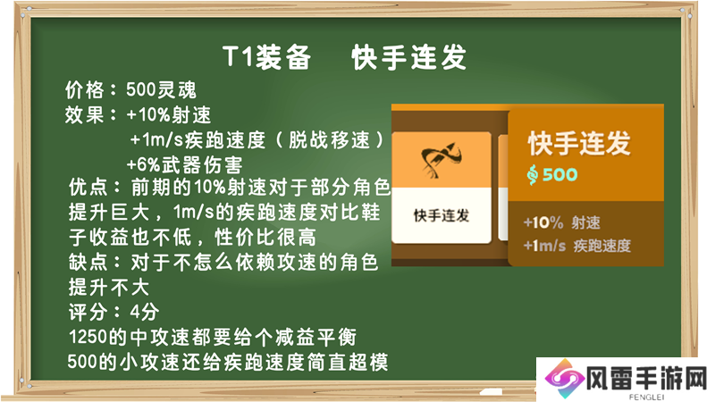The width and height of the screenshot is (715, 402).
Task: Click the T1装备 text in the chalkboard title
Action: pos(267,57)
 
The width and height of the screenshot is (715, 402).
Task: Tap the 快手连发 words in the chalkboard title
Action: pos(409,57)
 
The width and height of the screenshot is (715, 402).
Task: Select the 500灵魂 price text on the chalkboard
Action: pos(161,90)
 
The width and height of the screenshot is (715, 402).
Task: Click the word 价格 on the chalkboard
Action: pos(84,90)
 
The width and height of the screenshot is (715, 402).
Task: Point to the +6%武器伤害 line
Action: pos(184,164)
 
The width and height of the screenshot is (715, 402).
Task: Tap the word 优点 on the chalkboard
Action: pos(88,187)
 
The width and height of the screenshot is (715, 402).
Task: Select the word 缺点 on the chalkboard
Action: pos(88,262)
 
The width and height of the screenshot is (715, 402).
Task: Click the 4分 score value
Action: pos(145,312)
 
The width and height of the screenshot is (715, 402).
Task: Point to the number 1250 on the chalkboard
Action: pos(88,338)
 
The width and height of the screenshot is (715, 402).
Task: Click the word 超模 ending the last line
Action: pos(368,363)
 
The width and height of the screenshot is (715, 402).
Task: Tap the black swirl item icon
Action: pos(441,160)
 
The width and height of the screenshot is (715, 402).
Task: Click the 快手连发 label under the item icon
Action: pos(442,215)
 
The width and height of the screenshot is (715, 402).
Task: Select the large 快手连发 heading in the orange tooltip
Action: pos(579,143)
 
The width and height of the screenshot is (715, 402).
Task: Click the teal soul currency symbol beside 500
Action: pos(532,174)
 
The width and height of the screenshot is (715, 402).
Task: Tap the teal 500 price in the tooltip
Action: pos(560,174)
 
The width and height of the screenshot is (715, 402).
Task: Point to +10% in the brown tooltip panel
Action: pos(543,222)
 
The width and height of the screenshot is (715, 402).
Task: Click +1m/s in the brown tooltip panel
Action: pos(544,247)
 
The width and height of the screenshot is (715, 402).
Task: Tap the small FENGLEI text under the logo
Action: pos(646,397)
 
